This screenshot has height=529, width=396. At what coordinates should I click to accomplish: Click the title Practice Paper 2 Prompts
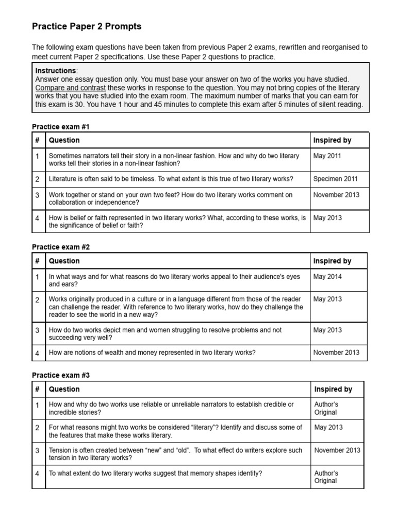click(x=86, y=26)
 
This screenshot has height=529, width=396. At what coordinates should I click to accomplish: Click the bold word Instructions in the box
click(x=56, y=70)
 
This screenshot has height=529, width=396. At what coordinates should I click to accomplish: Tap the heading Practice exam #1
click(x=61, y=127)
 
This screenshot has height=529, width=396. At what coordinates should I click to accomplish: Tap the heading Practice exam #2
click(x=61, y=247)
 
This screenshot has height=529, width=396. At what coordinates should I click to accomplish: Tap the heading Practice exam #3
click(x=61, y=376)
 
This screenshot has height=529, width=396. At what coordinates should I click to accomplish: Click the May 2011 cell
click(x=327, y=155)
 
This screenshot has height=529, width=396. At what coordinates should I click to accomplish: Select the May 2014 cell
click(x=327, y=276)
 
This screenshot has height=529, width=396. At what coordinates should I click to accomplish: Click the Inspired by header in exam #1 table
click(x=332, y=140)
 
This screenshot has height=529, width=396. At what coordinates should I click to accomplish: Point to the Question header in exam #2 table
click(x=64, y=261)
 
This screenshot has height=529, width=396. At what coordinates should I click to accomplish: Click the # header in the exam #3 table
click(x=38, y=389)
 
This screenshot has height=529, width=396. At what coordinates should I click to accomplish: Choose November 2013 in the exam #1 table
click(x=337, y=195)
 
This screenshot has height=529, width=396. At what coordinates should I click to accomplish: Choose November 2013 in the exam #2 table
click(x=337, y=352)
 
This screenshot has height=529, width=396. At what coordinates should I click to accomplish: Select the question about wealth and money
click(x=152, y=352)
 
